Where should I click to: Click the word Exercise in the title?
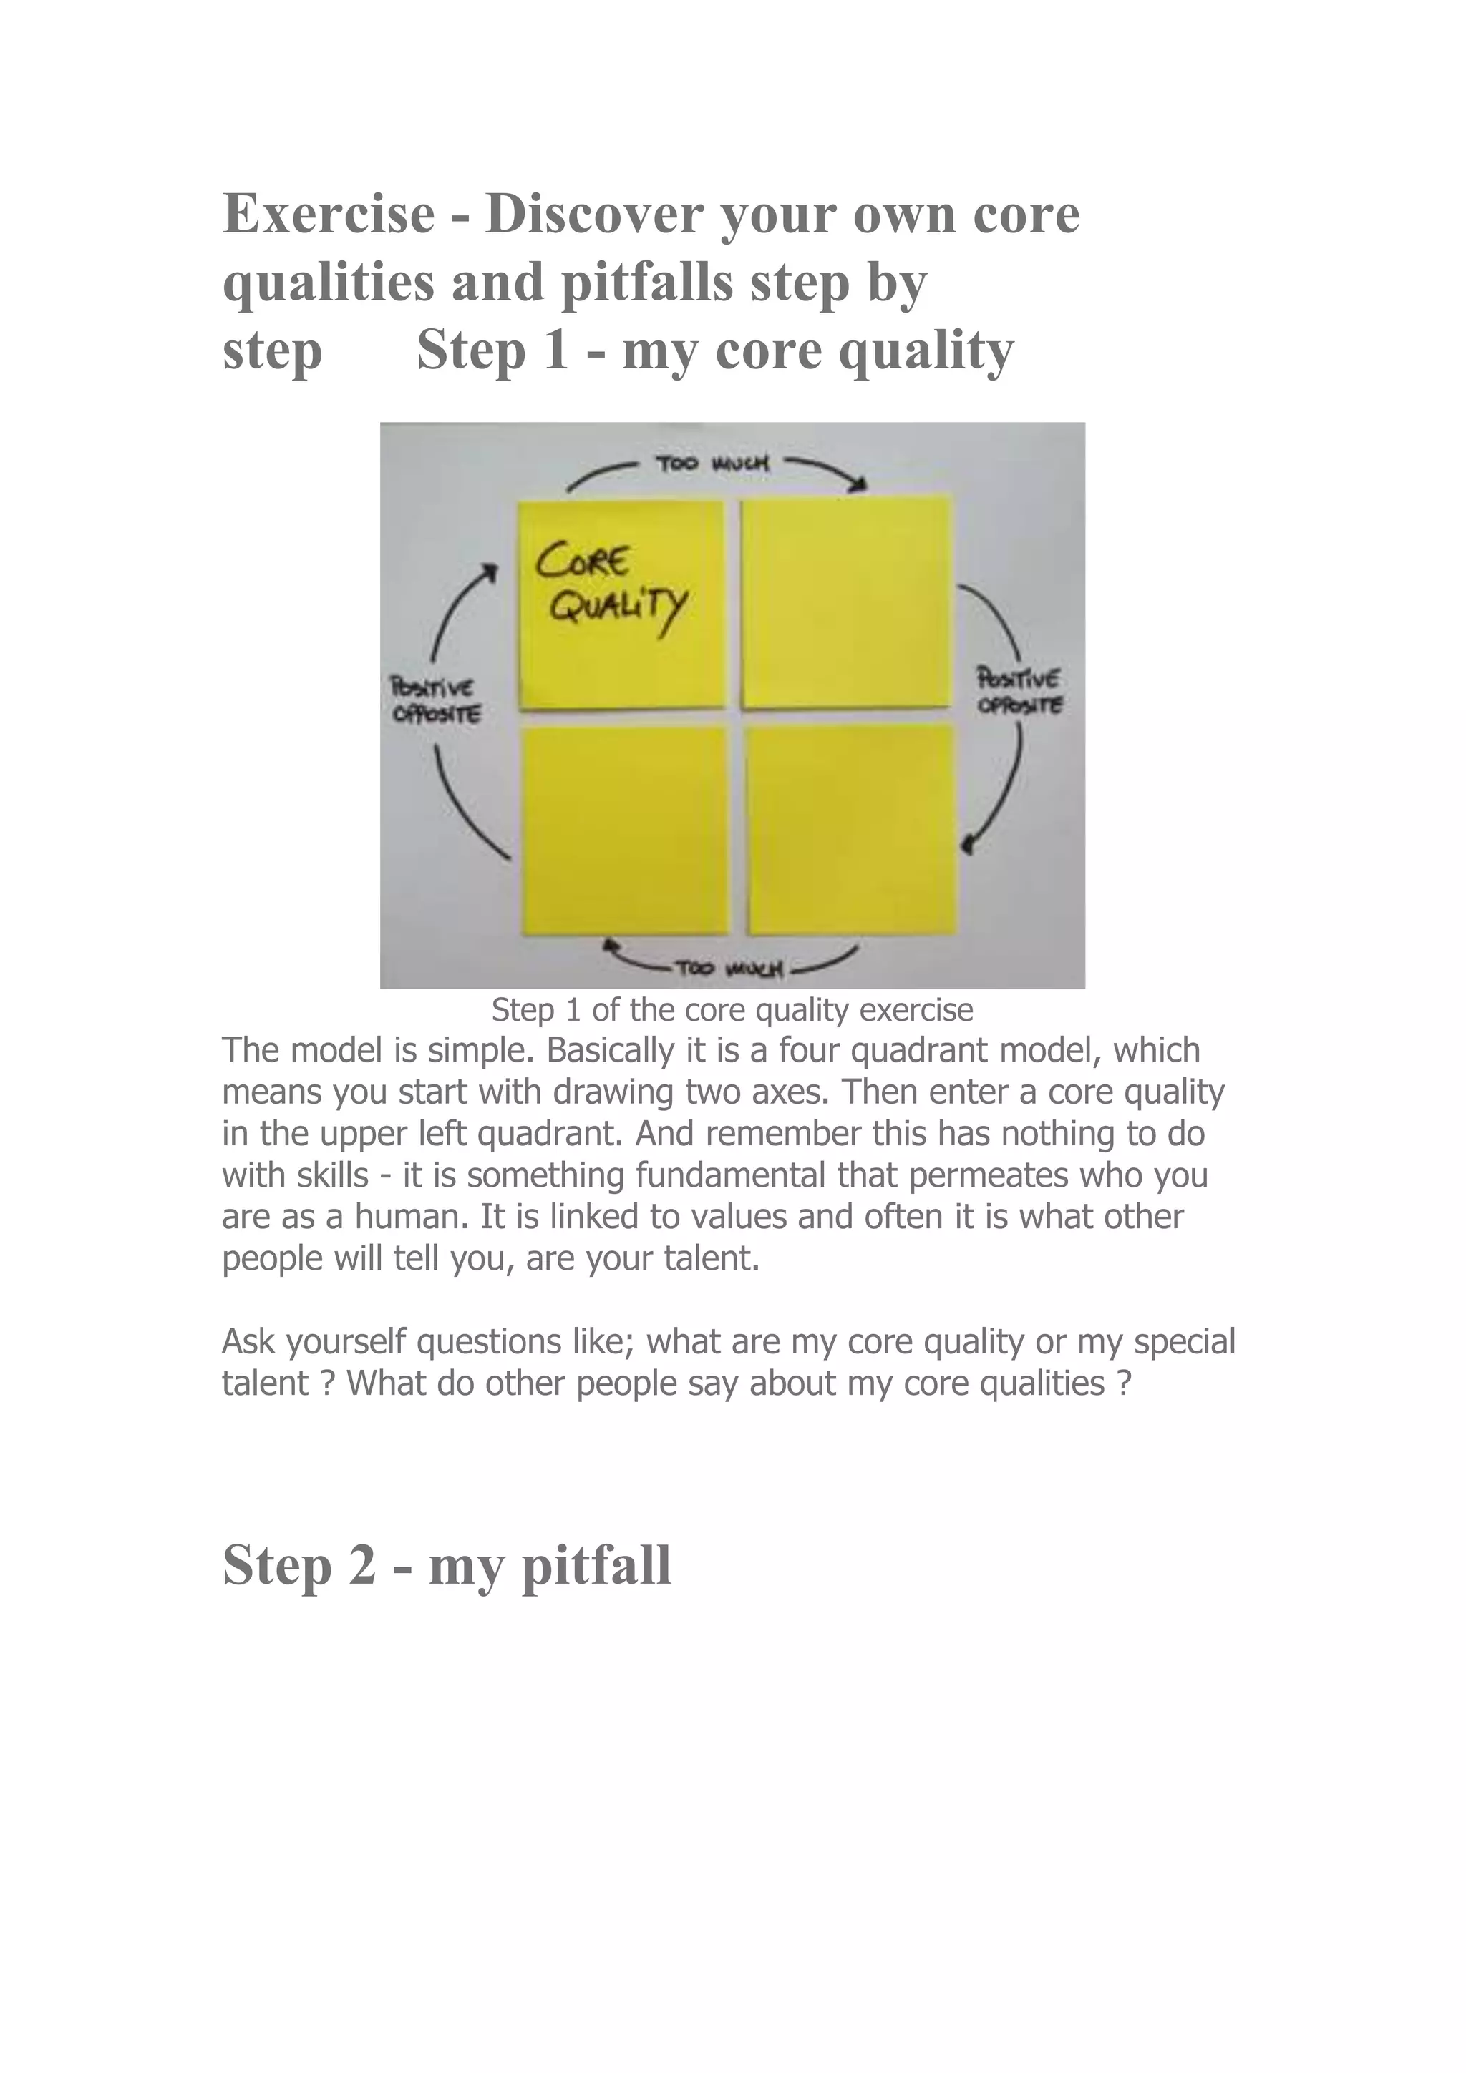(x=329, y=215)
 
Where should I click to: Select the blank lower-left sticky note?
(x=624, y=830)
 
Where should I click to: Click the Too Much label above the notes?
(x=713, y=464)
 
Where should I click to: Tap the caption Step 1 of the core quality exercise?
(x=732, y=1009)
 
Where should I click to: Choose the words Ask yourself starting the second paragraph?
(x=314, y=1343)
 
